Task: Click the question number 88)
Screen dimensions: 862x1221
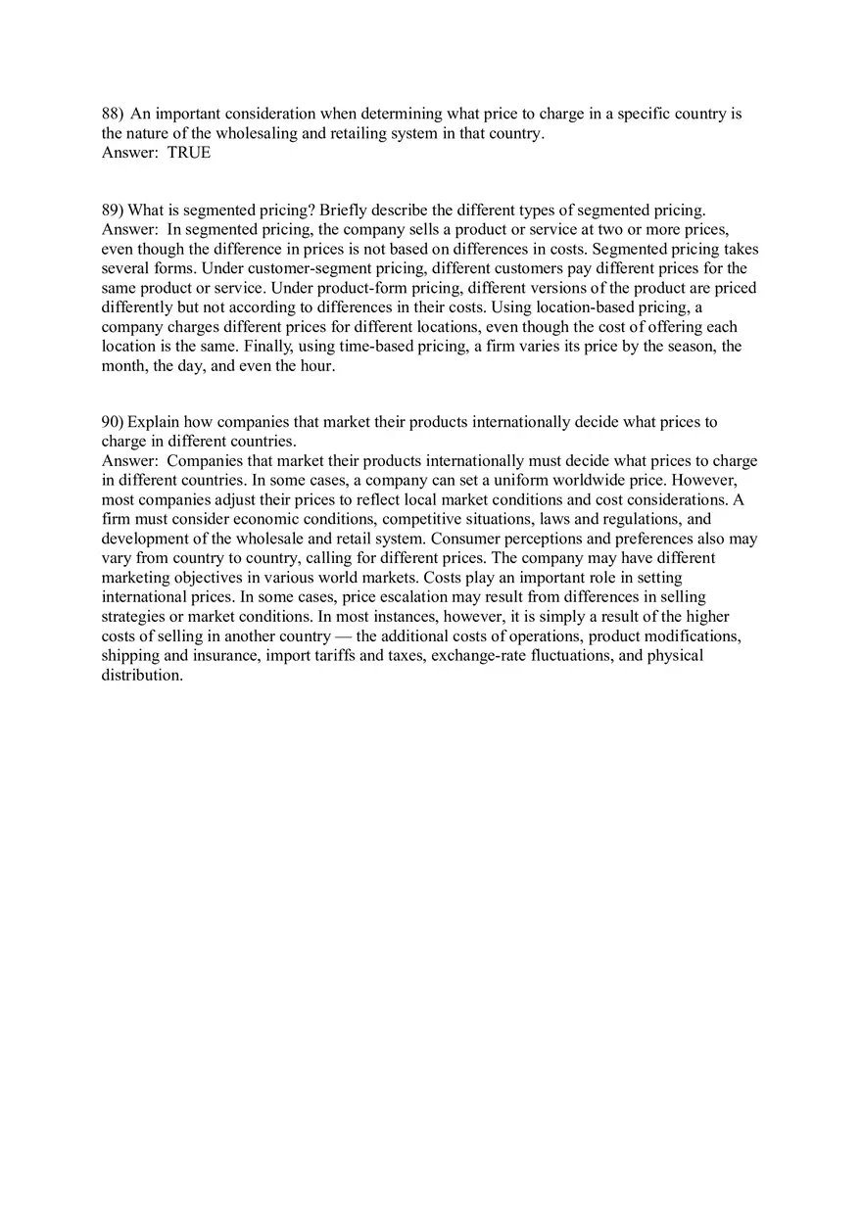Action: (113, 114)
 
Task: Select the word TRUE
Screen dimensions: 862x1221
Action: (189, 152)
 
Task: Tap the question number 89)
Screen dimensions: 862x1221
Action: (113, 210)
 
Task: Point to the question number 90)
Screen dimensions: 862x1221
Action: (113, 422)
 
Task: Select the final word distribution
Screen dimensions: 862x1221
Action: (141, 676)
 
